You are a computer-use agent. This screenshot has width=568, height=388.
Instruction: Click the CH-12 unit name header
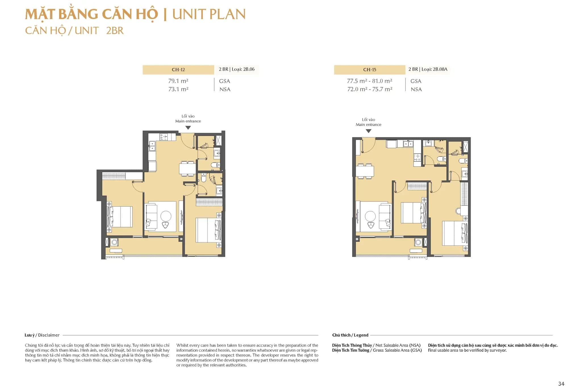[178, 70]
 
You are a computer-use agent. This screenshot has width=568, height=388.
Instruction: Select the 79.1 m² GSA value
[178, 81]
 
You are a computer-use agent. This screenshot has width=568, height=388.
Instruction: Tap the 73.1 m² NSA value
[178, 89]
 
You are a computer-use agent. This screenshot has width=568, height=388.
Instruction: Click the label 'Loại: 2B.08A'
[434, 69]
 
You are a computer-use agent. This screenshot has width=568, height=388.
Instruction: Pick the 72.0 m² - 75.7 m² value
[369, 89]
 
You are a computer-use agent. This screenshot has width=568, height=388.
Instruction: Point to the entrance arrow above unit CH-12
[188, 128]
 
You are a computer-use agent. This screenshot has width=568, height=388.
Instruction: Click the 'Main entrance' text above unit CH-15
[368, 125]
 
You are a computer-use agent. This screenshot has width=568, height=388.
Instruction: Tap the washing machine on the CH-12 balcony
[114, 242]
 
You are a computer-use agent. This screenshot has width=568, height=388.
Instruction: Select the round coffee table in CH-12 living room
[166, 216]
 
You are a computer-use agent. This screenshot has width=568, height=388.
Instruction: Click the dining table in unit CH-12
[187, 169]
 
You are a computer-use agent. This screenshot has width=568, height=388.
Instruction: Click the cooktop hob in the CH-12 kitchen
[164, 137]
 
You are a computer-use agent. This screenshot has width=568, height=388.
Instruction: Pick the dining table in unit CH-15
[365, 171]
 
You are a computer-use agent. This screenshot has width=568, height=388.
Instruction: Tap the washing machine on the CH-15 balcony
[418, 242]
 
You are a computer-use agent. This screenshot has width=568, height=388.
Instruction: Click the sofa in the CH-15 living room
[385, 217]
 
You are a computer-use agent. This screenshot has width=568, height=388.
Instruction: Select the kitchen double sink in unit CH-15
[408, 144]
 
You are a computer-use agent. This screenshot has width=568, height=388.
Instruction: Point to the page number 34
[561, 383]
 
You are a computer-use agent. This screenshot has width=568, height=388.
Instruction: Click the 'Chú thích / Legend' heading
[350, 335]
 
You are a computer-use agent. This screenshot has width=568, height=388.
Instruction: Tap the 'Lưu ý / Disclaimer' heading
[42, 335]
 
